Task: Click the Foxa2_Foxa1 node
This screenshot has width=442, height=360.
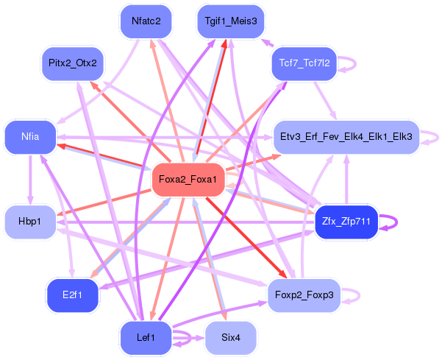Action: tap(188, 180)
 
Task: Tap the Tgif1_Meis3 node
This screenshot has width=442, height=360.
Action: tap(231, 21)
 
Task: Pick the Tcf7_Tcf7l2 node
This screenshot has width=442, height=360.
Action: tap(304, 63)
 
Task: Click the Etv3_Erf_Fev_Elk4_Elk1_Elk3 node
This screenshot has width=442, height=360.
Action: tap(346, 137)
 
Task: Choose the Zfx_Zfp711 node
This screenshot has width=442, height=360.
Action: tap(346, 221)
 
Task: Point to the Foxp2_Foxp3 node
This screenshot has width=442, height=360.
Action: tap(303, 295)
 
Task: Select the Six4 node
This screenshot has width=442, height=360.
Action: tap(230, 337)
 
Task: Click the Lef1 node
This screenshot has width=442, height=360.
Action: tap(146, 337)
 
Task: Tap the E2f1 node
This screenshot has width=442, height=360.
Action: tap(72, 294)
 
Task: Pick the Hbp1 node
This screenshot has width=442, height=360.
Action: tap(30, 222)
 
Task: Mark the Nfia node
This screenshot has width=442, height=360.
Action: tap(30, 137)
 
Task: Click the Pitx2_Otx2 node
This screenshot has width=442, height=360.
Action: tap(72, 63)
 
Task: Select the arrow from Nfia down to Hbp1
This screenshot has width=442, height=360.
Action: tap(30, 180)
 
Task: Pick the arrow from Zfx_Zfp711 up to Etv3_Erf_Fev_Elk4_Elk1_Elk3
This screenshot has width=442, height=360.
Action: tap(346, 180)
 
